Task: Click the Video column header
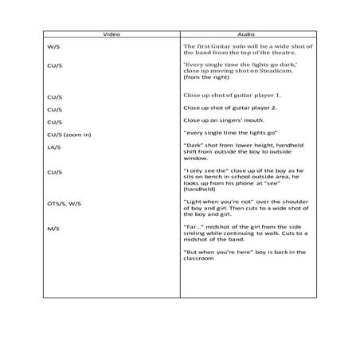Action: (112, 36)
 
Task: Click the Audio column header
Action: (246, 36)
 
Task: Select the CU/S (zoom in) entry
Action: (69, 135)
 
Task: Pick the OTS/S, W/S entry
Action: (63, 204)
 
